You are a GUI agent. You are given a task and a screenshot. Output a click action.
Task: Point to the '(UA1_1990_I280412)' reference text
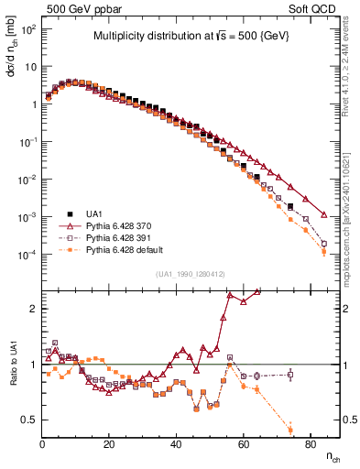click(191, 274)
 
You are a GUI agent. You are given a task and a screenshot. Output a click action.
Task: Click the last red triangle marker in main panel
click(324, 215)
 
